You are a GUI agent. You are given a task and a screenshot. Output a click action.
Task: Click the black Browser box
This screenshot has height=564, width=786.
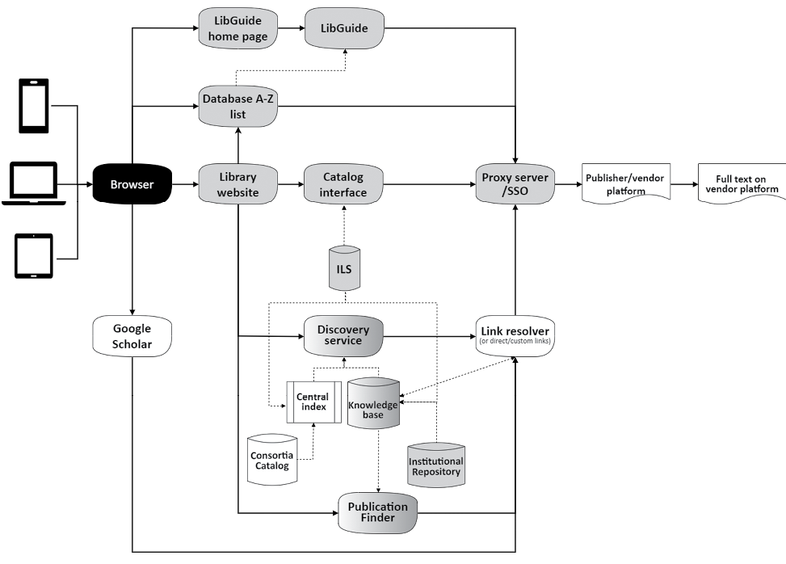click(132, 184)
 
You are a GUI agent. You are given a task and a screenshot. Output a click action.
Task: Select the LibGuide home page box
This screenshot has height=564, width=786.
click(237, 28)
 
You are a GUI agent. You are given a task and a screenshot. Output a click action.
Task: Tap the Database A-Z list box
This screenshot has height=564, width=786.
click(237, 107)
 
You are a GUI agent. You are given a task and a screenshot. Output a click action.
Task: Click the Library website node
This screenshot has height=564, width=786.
click(237, 184)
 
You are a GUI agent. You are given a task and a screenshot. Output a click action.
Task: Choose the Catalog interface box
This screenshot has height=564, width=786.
click(343, 184)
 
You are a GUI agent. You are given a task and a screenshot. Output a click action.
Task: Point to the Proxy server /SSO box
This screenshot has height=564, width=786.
click(515, 184)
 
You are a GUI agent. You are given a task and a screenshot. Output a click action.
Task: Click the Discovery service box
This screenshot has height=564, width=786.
click(343, 335)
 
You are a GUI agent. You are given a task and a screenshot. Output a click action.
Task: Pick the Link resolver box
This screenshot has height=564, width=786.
click(515, 334)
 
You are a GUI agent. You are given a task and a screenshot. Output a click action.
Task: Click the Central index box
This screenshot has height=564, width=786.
click(311, 402)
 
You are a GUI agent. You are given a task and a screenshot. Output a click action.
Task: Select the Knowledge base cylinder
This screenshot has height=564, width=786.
click(372, 407)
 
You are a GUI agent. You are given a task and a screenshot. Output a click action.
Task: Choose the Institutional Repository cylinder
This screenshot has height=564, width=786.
click(435, 465)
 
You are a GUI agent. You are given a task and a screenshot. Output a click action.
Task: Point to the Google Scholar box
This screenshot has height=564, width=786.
click(132, 335)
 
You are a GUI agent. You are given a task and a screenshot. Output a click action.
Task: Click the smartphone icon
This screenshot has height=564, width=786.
click(35, 105)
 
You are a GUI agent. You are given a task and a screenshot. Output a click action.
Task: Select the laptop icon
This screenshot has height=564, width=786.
click(34, 184)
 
